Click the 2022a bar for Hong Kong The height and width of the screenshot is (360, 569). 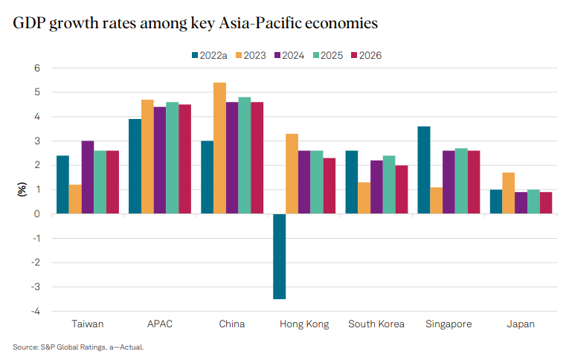click(280, 256)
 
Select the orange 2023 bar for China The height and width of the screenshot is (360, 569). click(220, 148)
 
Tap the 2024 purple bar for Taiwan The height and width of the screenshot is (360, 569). click(88, 177)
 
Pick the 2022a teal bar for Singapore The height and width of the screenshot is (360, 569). click(424, 170)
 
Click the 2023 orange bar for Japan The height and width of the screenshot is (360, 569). click(509, 193)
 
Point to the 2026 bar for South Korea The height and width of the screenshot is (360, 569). click(402, 189)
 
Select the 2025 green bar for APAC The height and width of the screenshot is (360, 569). click(172, 158)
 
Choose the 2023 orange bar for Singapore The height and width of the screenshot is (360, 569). click(437, 200)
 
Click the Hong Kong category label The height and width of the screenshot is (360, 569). click(303, 324)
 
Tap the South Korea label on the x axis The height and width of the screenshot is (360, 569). click(376, 324)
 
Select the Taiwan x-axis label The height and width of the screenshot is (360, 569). click(88, 324)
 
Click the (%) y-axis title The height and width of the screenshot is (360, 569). click(20, 190)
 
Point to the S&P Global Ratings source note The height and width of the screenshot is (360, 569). click(78, 347)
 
